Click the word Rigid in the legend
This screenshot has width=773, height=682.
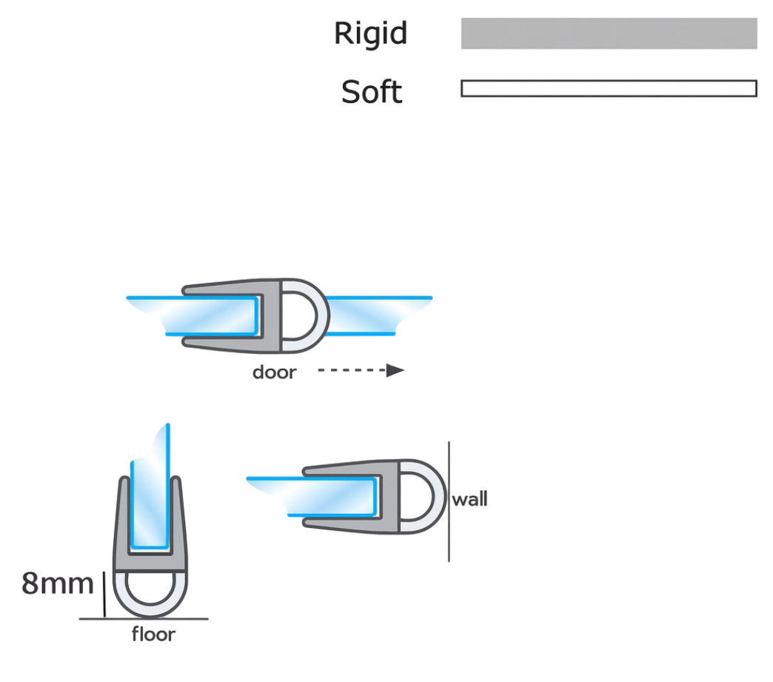tap(371, 33)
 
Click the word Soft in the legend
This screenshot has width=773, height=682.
tap(372, 92)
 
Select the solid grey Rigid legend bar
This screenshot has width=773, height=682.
tap(609, 33)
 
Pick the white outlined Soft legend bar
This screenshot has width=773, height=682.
tap(609, 88)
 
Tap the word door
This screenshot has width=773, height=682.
tap(274, 372)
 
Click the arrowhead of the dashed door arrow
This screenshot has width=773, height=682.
tap(395, 370)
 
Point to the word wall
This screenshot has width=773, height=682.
tap(470, 499)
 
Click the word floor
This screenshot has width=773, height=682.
tap(153, 634)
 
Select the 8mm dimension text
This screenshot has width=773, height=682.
tap(57, 584)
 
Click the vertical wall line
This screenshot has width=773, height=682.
tap(449, 501)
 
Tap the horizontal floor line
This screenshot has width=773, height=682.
tap(144, 619)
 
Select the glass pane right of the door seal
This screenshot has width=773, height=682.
tap(380, 315)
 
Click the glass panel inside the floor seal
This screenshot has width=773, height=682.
tap(150, 493)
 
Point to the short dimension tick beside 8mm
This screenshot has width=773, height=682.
tap(104, 594)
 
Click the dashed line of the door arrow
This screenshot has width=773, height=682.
tap(352, 370)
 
